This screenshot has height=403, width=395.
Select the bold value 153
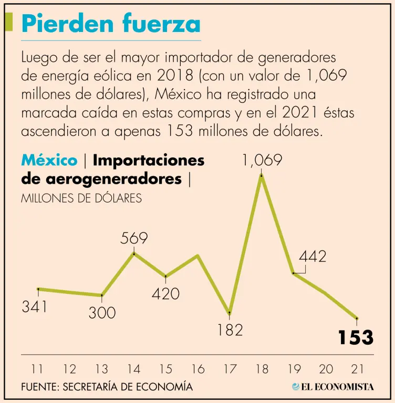pyautogui.click(x=356, y=337)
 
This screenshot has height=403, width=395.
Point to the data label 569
pyautogui.click(x=134, y=239)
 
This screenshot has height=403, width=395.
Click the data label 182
pyautogui.click(x=230, y=330)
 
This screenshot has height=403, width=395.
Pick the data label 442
pyautogui.click(x=313, y=257)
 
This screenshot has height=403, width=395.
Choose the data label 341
pyautogui.click(x=34, y=306)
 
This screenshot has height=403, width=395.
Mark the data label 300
pyautogui.click(x=102, y=313)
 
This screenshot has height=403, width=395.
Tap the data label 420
pyautogui.click(x=165, y=293)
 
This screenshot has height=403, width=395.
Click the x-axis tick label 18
pyautogui.click(x=262, y=369)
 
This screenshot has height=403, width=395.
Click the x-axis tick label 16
pyautogui.click(x=197, y=369)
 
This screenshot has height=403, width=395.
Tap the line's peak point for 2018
pyautogui.click(x=262, y=176)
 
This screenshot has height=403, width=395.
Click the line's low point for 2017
pyautogui.click(x=230, y=313)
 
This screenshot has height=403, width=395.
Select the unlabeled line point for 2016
pyautogui.click(x=197, y=256)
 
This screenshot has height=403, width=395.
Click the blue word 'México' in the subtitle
pyautogui.click(x=49, y=160)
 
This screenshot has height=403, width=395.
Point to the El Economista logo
pyautogui.click(x=332, y=387)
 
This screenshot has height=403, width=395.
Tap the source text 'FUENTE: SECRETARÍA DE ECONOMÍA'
pyautogui.click(x=107, y=387)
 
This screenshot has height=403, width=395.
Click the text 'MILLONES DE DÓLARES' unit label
pyautogui.click(x=81, y=199)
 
